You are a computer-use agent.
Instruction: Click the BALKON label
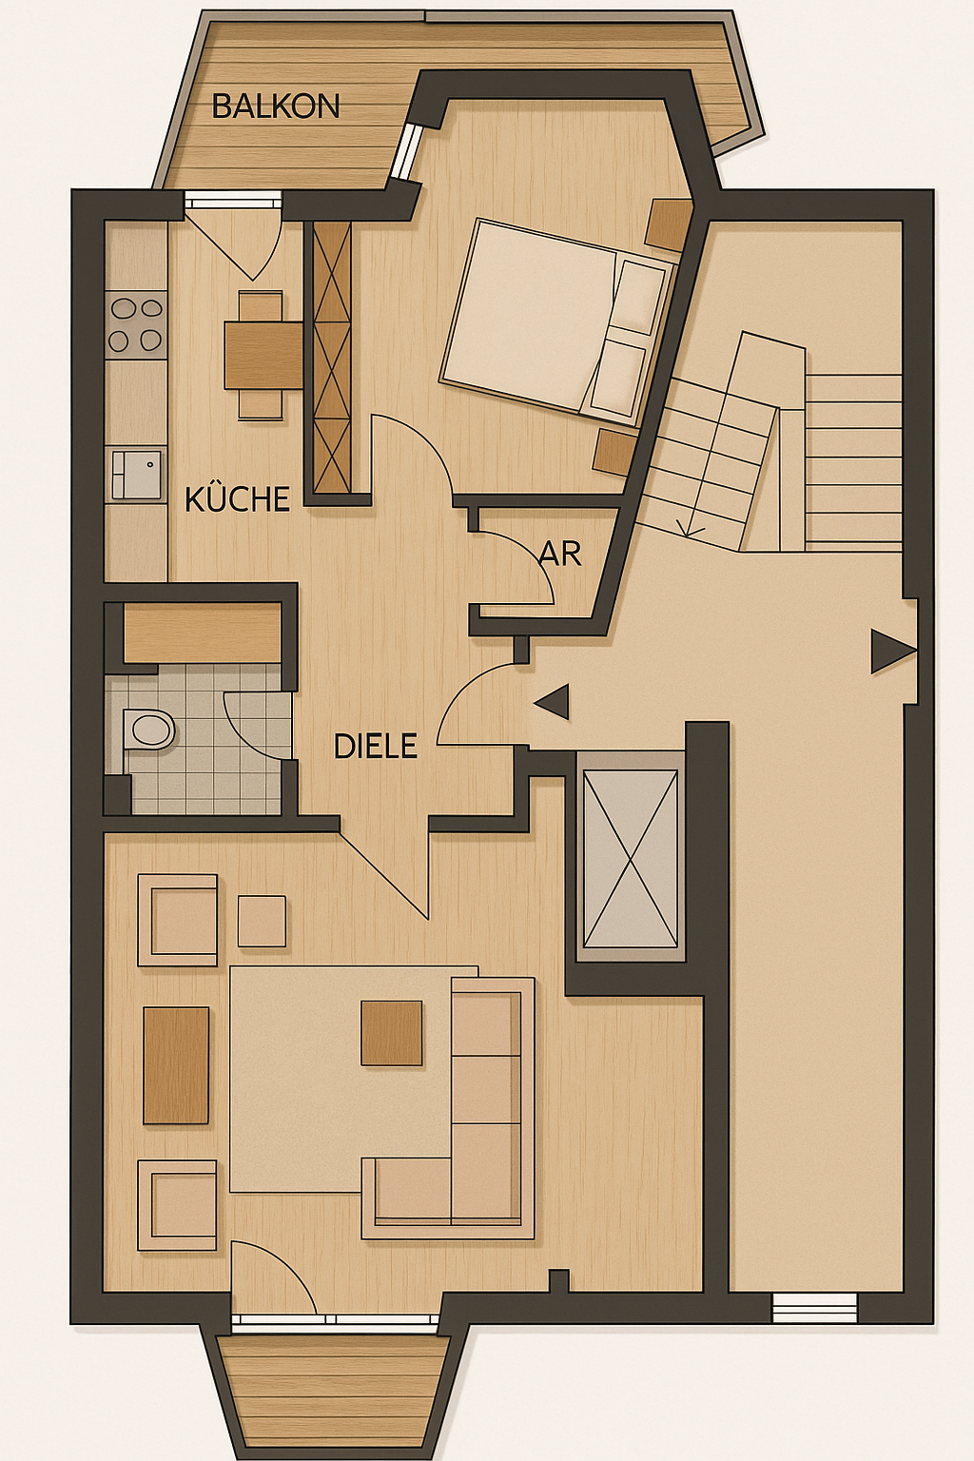coord(276,106)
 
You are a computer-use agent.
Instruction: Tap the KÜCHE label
coord(237,499)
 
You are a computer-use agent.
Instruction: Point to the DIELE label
coord(375,746)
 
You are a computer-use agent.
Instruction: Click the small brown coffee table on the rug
coord(392,1033)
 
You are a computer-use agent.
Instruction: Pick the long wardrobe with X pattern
coord(332,358)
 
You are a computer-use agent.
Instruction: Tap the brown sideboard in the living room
coord(176,1065)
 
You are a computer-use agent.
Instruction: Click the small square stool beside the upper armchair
coord(262,921)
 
